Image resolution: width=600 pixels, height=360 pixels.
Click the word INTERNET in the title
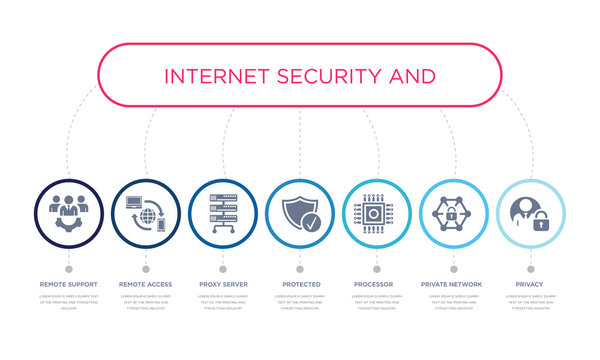(x=211, y=76)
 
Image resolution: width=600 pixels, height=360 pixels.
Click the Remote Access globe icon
(x=145, y=214)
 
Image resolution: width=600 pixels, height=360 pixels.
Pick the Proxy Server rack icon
(x=222, y=214)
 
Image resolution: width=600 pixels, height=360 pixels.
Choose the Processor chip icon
(x=376, y=214)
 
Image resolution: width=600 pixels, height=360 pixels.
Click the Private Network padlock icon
(x=453, y=214)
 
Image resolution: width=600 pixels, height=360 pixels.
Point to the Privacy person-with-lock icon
(x=530, y=214)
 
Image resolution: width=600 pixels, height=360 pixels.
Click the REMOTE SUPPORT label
(x=68, y=285)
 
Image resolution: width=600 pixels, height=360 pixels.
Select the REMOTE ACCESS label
(x=145, y=285)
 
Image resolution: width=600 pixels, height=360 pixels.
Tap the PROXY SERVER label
(x=222, y=285)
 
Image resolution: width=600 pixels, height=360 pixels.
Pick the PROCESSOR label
(x=376, y=285)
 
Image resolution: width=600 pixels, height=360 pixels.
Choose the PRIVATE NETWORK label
(x=453, y=285)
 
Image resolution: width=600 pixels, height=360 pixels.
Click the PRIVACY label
(x=530, y=285)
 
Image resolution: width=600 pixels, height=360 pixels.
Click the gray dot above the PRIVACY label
(x=530, y=269)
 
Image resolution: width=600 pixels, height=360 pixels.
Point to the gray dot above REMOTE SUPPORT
(x=68, y=269)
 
